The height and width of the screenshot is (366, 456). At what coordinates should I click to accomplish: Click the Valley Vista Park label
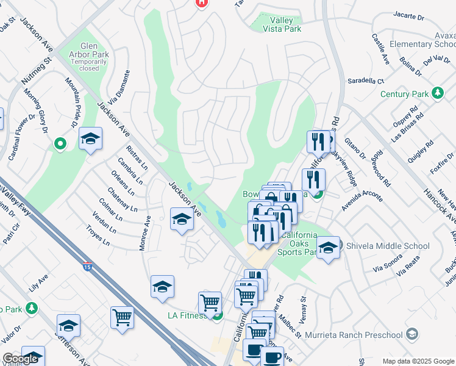coord(281,24)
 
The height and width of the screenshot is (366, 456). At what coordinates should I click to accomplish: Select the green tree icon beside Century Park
coord(437,93)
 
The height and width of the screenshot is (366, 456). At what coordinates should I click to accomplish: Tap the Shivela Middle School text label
coord(388,246)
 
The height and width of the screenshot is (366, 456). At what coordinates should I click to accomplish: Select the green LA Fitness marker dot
coord(218,315)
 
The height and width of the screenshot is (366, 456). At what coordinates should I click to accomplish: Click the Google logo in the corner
coord(20,359)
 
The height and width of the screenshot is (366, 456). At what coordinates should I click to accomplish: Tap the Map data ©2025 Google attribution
coord(418,361)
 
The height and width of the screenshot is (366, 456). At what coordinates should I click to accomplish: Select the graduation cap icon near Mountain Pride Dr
coord(90,139)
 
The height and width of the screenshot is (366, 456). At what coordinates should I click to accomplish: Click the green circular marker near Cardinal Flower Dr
coord(60,144)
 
